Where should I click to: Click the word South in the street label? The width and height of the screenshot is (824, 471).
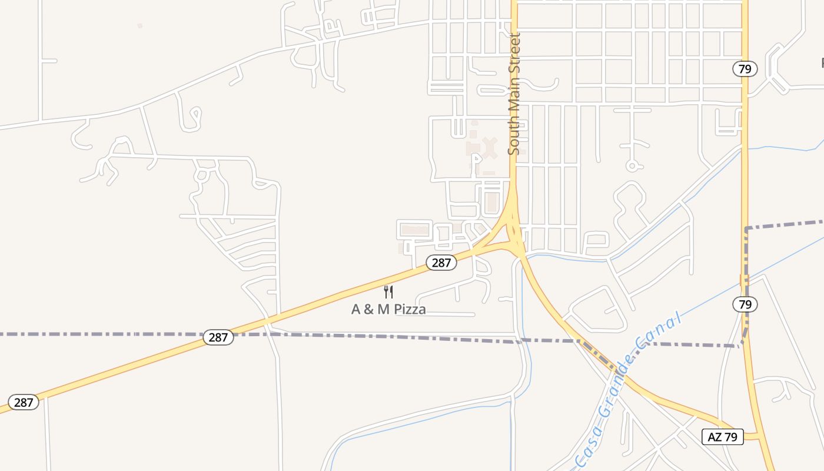pos(514,136)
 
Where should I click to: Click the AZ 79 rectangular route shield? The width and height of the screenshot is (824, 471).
pos(723,437)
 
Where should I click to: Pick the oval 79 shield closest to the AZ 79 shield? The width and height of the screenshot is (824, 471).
pos(745,304)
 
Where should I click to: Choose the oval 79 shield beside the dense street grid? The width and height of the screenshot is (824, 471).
pos(745,69)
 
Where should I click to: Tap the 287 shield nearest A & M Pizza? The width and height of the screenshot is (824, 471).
pos(441,263)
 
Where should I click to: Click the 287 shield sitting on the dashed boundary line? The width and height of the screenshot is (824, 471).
pos(218,337)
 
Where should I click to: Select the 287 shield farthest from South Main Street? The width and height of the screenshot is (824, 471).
pos(24,403)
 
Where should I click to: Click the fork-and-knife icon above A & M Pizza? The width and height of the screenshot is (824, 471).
pos(388,291)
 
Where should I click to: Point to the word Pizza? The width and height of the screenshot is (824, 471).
pos(410,309)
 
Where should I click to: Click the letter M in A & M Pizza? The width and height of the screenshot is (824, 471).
pos(383,309)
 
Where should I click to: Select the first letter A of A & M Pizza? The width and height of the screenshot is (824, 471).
pos(355,309)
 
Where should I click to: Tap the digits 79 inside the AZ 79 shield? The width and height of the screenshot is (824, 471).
pos(732,437)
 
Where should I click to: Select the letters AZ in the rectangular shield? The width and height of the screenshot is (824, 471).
pos(714,437)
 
